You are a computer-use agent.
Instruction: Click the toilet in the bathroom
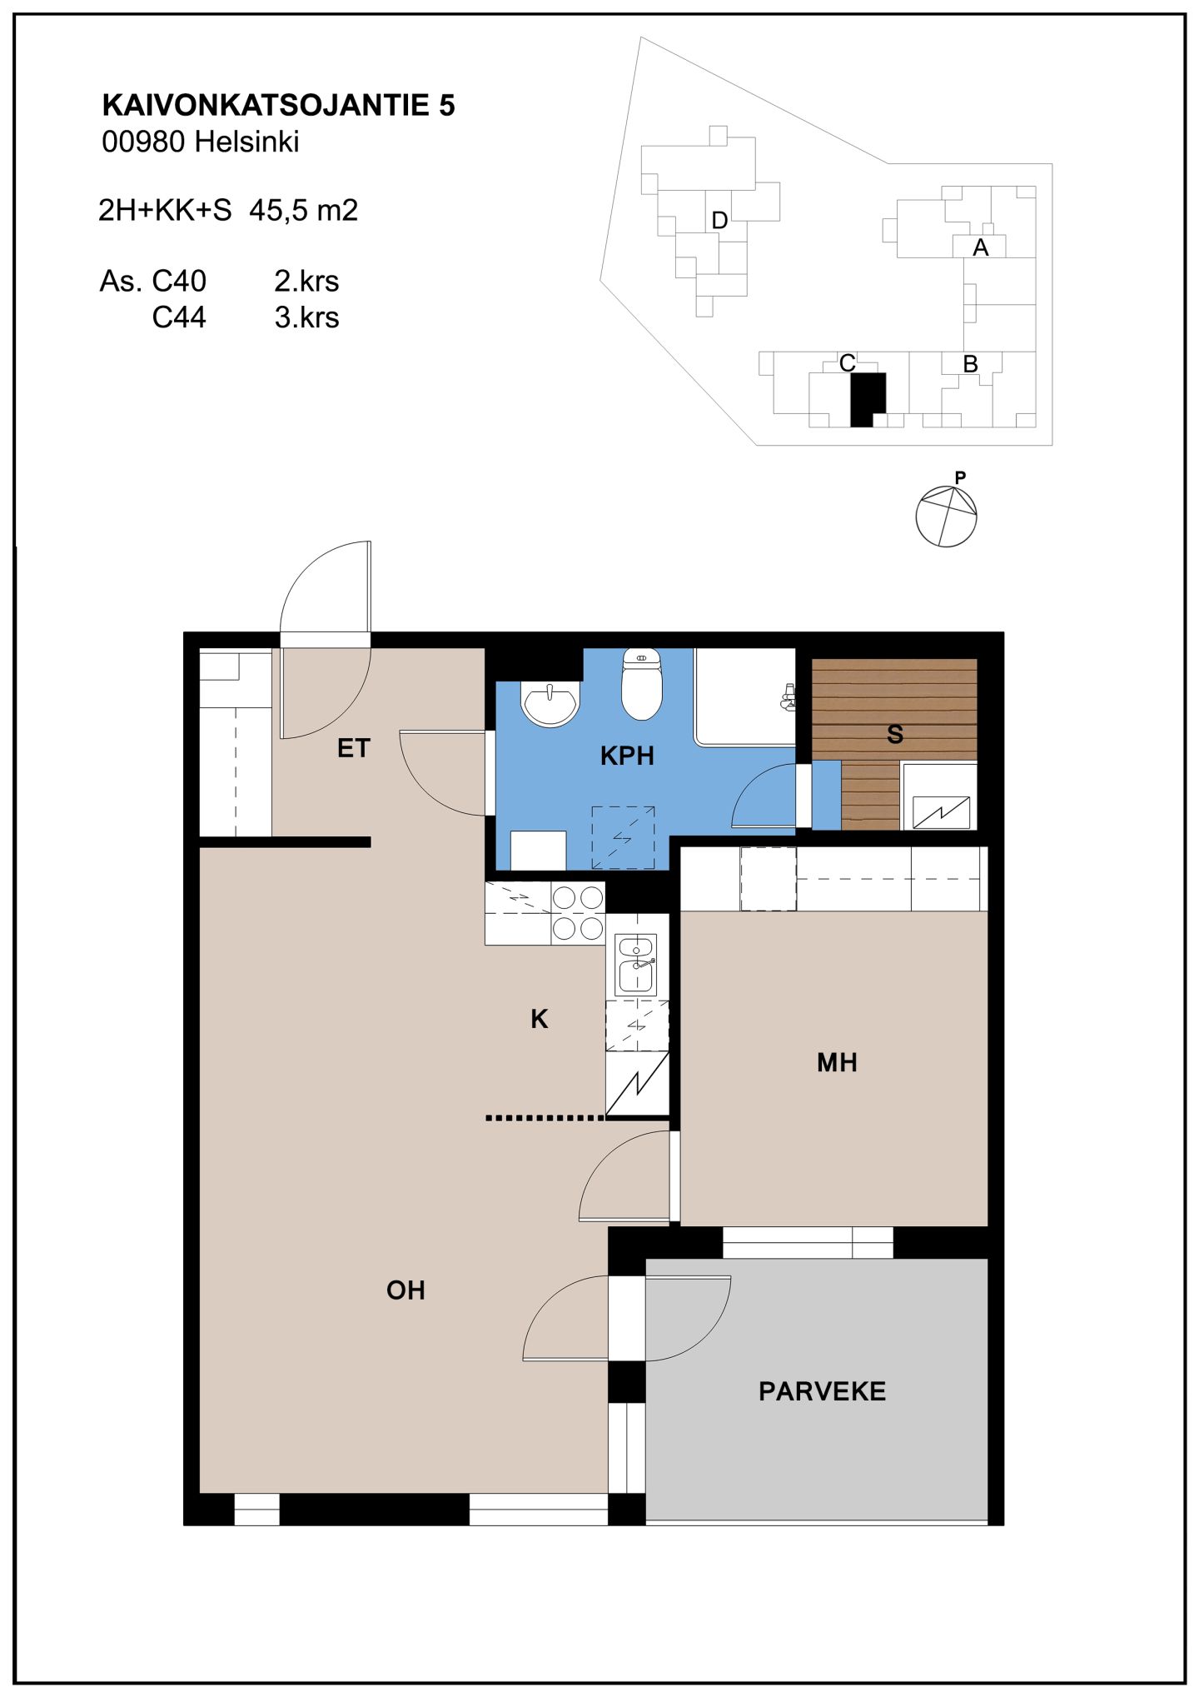(641, 684)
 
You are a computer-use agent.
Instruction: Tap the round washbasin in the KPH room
(550, 704)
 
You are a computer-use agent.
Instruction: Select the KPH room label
(627, 756)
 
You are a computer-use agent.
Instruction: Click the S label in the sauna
(895, 734)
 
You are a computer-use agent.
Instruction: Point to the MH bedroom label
(837, 1062)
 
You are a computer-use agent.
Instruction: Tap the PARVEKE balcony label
(822, 1390)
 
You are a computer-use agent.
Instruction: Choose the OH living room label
(405, 1290)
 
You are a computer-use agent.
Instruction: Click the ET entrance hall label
(353, 748)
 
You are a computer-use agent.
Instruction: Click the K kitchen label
(540, 1018)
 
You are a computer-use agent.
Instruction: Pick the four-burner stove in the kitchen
(578, 913)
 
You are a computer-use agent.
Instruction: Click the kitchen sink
(636, 965)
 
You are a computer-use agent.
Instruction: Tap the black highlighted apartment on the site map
(866, 399)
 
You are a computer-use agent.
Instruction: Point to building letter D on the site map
(720, 221)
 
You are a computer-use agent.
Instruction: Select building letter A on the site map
(980, 247)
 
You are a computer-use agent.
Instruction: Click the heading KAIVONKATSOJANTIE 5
(278, 105)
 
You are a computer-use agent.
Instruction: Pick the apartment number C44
(179, 317)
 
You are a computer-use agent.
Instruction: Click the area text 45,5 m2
(304, 210)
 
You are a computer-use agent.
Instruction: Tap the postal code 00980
(143, 142)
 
